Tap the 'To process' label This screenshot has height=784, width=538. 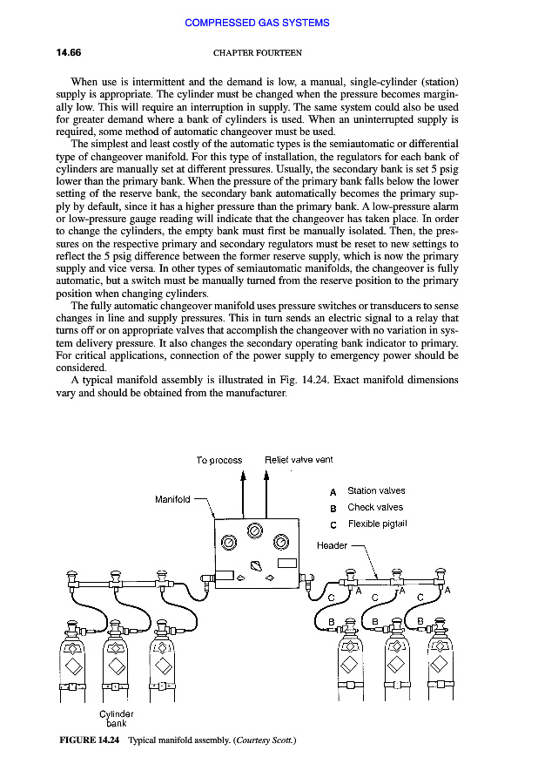pyautogui.click(x=219, y=460)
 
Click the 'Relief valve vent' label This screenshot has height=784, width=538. pyautogui.click(x=299, y=459)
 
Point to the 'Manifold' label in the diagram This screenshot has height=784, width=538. pyautogui.click(x=172, y=499)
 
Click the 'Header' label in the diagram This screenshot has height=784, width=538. pyautogui.click(x=332, y=545)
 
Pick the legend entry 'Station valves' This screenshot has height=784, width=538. pyautogui.click(x=376, y=491)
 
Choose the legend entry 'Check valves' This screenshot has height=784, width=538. pyautogui.click(x=375, y=507)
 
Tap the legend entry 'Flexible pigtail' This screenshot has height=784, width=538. pyautogui.click(x=377, y=524)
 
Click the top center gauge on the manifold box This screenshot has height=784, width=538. pyautogui.click(x=254, y=531)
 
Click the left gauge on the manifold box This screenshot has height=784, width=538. pyautogui.click(x=228, y=542)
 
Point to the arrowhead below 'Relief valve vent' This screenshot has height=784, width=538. pyautogui.click(x=266, y=477)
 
